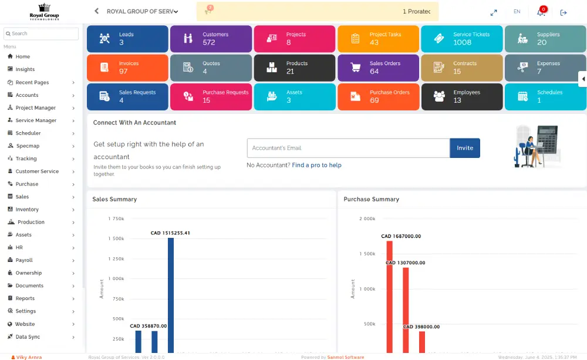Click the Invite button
[464, 148]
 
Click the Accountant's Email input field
[348, 148]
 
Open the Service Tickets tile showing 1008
[461, 39]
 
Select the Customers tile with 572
[211, 39]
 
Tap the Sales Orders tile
[378, 68]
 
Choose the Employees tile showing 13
[461, 96]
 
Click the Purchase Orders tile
[378, 96]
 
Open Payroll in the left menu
[24, 260]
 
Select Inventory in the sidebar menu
[27, 210]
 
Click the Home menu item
[23, 57]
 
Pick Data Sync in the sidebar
[28, 337]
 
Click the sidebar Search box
[41, 33]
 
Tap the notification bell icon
[541, 12]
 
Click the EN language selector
[517, 12]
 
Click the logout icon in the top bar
[564, 12]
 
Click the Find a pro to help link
[316, 166]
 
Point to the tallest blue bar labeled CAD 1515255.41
[170, 294]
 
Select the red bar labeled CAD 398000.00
[421, 341]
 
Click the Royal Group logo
[45, 12]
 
